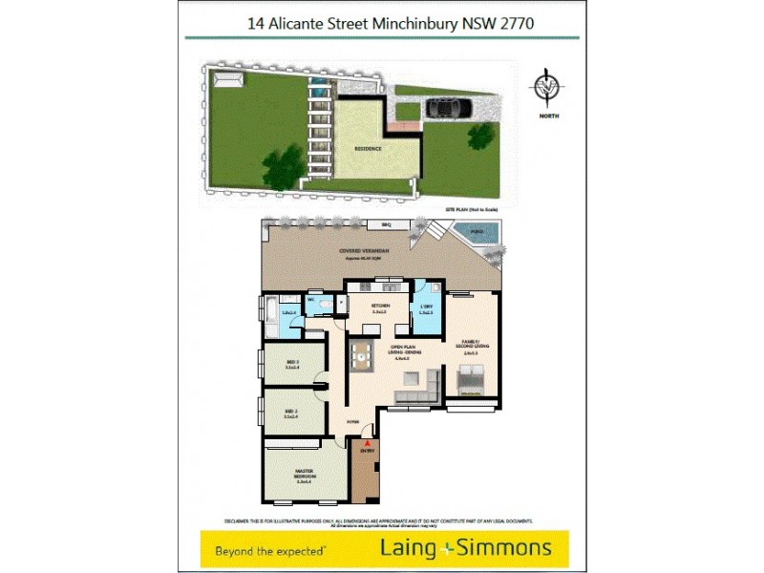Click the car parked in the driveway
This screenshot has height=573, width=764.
[446, 108]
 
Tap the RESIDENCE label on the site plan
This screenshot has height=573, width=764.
[369, 149]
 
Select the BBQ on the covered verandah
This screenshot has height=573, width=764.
[387, 225]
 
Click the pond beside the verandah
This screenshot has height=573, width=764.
[469, 232]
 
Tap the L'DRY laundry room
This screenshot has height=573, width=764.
[427, 308]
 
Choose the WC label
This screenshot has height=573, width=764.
[311, 299]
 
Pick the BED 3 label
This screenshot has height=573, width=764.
[293, 362]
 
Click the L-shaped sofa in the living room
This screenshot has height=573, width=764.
[419, 387]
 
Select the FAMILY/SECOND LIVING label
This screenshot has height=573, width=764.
[469, 349]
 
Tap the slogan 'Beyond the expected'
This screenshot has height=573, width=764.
[272, 551]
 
